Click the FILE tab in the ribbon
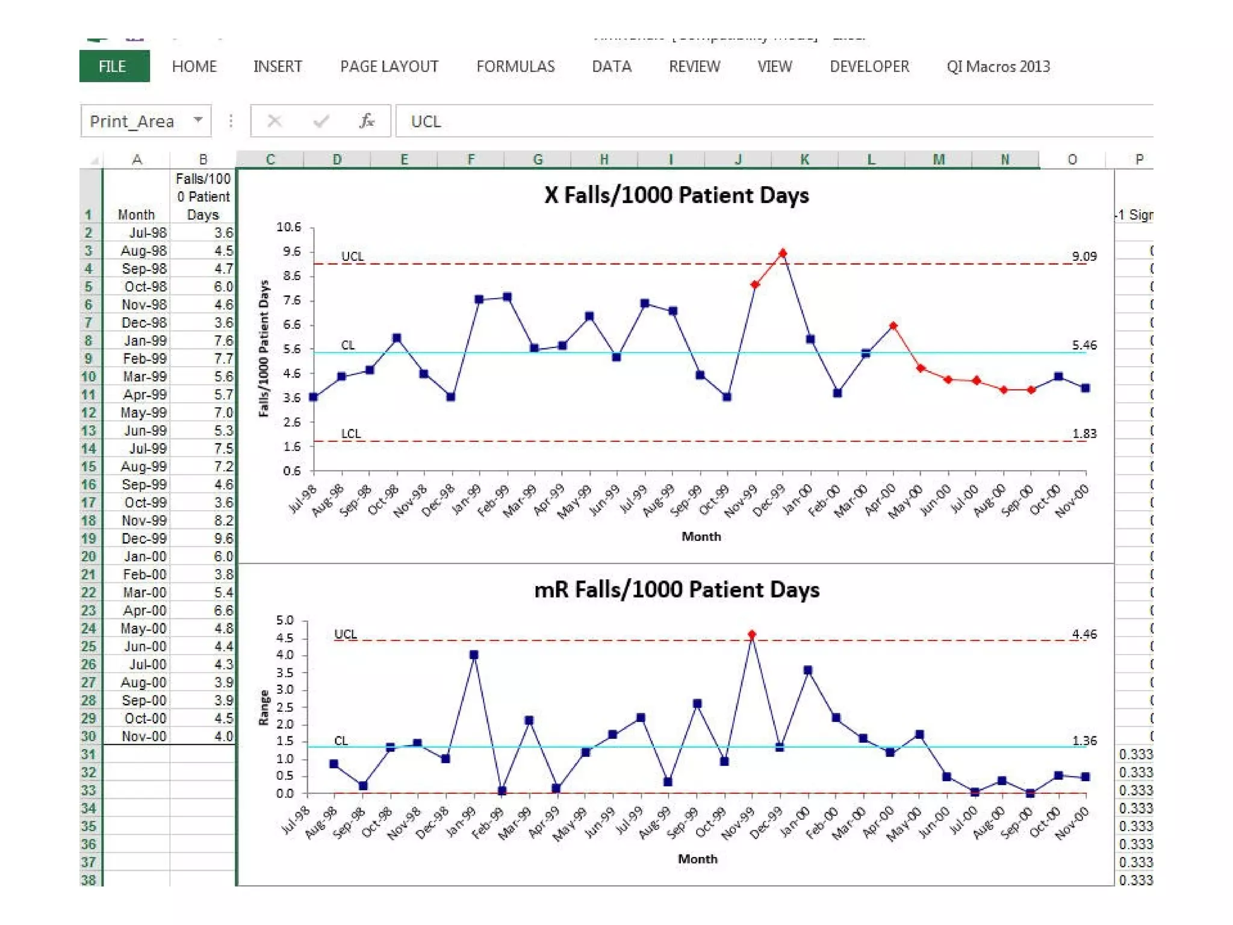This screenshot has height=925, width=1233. [x=113, y=66]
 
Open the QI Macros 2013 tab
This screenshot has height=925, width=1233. [x=998, y=66]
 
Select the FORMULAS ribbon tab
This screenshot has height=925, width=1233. [x=515, y=66]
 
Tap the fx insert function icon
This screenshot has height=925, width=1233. [x=366, y=121]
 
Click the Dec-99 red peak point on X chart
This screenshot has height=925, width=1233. [x=782, y=254]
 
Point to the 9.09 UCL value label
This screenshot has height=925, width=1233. [x=1084, y=256]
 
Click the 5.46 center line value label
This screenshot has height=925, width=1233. [x=1084, y=345]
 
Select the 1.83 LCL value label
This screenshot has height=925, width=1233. [x=1084, y=434]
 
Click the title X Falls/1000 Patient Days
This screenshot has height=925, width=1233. [x=676, y=195]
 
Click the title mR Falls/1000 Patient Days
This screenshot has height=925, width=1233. [x=676, y=589]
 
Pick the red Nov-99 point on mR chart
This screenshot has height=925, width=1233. [x=752, y=635]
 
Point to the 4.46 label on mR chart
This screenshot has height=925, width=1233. [x=1084, y=634]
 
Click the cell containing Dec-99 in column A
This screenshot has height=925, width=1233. [x=143, y=538]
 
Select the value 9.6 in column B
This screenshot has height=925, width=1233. [x=223, y=538]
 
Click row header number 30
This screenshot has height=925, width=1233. [x=89, y=736]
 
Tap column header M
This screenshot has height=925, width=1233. [x=938, y=160]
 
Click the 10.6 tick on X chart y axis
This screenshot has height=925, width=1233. [x=288, y=227]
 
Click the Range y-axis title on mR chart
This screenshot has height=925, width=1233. [x=264, y=707]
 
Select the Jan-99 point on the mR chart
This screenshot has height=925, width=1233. [x=474, y=655]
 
